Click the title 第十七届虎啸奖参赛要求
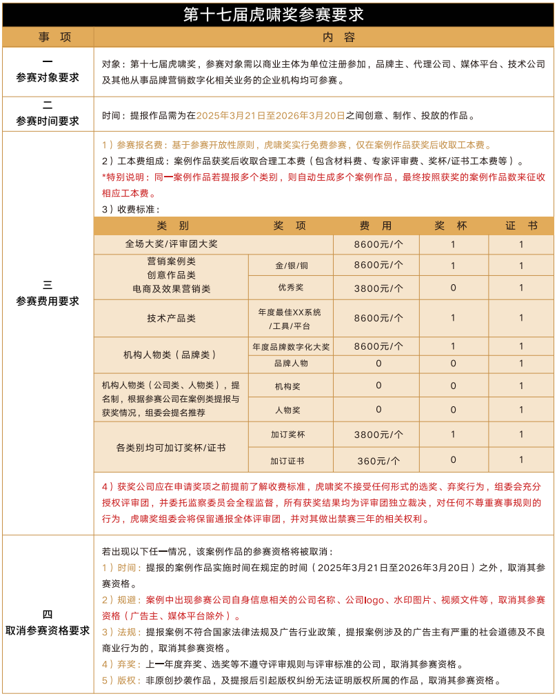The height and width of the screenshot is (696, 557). click(x=278, y=14)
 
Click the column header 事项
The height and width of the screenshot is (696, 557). click(x=48, y=37)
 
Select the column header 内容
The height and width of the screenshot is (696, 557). click(x=323, y=37)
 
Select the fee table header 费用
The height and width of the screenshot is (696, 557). click(x=376, y=226)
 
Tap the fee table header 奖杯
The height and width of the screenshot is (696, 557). click(x=453, y=226)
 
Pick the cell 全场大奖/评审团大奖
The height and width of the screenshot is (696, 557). click(x=172, y=244)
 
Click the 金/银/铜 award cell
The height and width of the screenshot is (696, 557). click(x=291, y=266)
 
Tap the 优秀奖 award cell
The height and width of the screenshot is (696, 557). click(x=291, y=288)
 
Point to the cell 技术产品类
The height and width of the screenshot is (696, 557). click(x=172, y=318)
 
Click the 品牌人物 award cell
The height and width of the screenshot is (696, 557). click(x=291, y=364)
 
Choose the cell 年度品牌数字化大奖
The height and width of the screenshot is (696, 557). click(x=291, y=346)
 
